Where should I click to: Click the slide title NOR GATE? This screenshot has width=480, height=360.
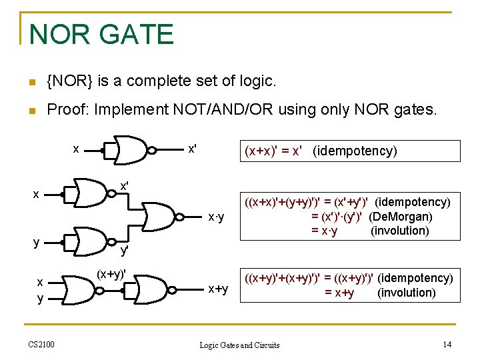(101, 34)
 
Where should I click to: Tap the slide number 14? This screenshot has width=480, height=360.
(447, 344)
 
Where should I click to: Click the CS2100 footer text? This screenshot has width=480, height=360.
(41, 344)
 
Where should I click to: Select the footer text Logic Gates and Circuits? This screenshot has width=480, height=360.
(240, 345)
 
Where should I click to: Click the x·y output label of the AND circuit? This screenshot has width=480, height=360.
(216, 217)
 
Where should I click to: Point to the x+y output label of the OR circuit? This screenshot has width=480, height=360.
(218, 289)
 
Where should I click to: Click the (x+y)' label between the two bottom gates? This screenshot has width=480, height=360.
(111, 274)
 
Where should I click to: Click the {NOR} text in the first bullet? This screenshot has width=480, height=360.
(70, 81)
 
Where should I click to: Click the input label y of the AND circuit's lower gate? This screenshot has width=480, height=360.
(37, 241)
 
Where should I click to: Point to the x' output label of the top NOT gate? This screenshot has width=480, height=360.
(192, 149)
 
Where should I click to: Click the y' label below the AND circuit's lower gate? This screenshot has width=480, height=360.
(124, 251)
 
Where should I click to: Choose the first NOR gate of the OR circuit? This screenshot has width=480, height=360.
(75, 289)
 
